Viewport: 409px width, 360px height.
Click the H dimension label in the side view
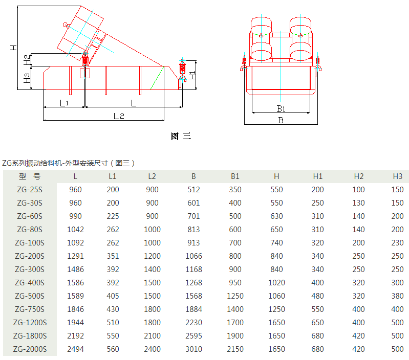[x=13, y=48]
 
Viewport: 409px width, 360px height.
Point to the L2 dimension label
[x=119, y=116]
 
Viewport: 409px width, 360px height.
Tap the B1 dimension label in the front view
[x=281, y=108]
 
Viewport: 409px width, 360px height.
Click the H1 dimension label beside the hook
[x=192, y=75]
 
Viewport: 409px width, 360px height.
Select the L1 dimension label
[x=64, y=103]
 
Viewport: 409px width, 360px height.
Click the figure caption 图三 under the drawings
[x=181, y=136]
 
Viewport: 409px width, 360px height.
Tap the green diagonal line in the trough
[x=157, y=78]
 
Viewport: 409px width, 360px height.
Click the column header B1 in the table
[x=235, y=176]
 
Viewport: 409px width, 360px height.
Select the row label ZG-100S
[x=30, y=243]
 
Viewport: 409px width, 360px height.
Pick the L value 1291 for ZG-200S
[x=75, y=256]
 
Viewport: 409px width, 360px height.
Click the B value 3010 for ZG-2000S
[x=193, y=349]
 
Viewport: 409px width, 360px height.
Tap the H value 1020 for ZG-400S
[x=276, y=283]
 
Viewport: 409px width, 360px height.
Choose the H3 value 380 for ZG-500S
[x=397, y=296]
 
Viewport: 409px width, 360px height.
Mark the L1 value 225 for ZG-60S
[x=113, y=216]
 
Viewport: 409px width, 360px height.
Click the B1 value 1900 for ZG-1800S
[x=235, y=336]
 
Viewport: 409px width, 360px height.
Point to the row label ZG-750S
[x=30, y=309]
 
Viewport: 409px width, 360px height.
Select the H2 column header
[x=359, y=176]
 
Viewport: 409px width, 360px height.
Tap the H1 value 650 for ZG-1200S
[x=317, y=323]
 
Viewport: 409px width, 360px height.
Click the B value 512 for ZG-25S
[x=193, y=190]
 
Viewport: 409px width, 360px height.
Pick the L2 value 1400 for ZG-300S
[x=152, y=269]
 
